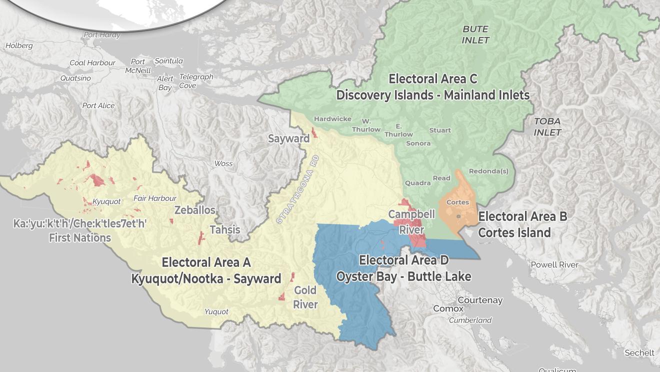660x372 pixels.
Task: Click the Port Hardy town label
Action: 101,35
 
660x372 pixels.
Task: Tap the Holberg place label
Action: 19,46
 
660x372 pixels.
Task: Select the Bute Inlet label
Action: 475,35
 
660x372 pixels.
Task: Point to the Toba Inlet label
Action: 547,127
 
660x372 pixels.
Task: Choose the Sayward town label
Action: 288,139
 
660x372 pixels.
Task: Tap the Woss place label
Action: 223,164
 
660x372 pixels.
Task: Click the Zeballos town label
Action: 195,210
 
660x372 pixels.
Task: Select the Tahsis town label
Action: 225,230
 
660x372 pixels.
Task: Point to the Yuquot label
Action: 216,312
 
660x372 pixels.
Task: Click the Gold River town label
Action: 305,297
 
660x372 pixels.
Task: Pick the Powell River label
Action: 554,265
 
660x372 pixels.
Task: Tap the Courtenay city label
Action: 480,300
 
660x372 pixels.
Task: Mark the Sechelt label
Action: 639,353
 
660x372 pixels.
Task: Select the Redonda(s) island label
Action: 488,171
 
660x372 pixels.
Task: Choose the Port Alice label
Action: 98,106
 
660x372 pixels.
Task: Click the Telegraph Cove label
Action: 196,81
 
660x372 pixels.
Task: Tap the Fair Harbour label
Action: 154,198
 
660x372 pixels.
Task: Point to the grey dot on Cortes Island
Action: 458,216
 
